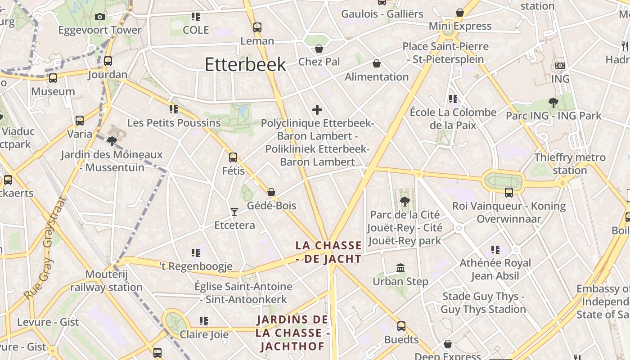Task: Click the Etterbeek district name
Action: (245, 64)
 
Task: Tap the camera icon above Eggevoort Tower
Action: (100, 17)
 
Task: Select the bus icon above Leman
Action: (257, 27)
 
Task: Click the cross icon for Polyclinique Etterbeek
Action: (317, 109)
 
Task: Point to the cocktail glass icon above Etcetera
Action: (234, 211)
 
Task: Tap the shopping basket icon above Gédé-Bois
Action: (271, 192)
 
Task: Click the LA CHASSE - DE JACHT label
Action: (328, 252)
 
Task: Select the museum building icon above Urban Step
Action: (400, 268)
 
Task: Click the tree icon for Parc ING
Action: (553, 103)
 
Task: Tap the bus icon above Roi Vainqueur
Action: (509, 193)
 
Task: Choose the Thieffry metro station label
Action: (570, 164)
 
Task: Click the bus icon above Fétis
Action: (233, 157)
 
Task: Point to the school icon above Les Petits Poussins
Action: (174, 109)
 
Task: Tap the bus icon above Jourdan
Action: (108, 61)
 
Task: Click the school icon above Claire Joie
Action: (204, 321)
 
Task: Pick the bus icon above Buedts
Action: (401, 326)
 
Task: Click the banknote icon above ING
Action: (560, 66)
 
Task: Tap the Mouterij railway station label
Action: (106, 281)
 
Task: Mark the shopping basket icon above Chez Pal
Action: (319, 49)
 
